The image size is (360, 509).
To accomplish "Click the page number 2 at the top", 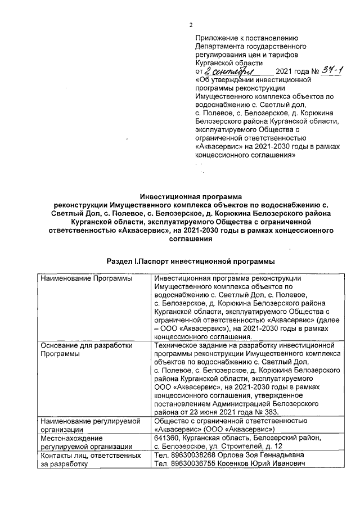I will point(191,24).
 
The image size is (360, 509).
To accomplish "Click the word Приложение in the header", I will point(214,38).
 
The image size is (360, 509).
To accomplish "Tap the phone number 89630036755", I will point(188,463).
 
